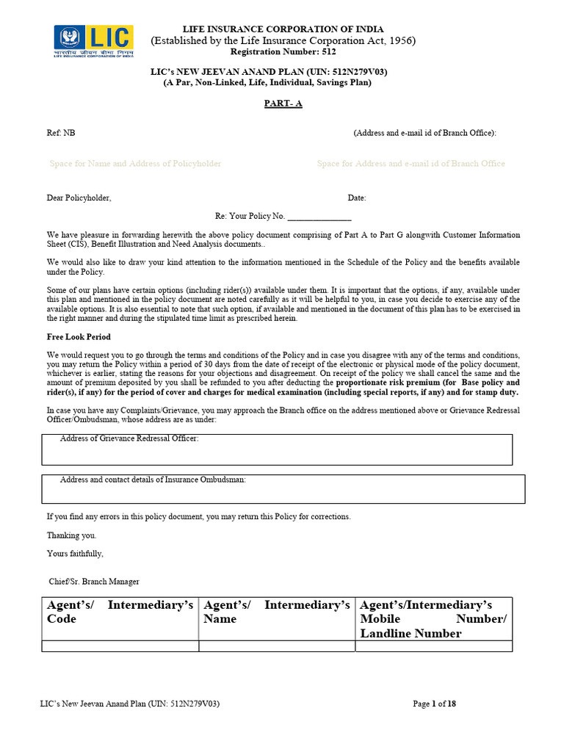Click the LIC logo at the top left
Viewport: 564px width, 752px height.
(93, 43)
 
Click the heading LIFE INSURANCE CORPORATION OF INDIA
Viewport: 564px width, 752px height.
(283, 29)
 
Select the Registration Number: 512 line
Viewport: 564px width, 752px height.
(283, 51)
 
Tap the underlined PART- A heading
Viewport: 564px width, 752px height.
(283, 104)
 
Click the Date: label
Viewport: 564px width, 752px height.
(356, 198)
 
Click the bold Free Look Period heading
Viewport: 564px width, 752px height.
(79, 336)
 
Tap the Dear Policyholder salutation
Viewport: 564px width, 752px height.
(79, 198)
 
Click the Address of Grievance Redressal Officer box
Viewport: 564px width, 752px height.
(277, 449)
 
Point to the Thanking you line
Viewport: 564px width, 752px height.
(71, 535)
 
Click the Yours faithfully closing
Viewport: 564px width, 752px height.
(75, 553)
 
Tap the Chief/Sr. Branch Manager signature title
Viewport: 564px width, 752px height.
(93, 581)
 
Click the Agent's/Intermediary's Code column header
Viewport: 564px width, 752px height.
(120, 612)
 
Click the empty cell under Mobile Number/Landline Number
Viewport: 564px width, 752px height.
(433, 646)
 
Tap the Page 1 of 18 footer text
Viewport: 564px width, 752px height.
(434, 704)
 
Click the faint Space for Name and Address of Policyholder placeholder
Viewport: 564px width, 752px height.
(135, 164)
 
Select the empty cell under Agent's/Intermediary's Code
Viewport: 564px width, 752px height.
(120, 646)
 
